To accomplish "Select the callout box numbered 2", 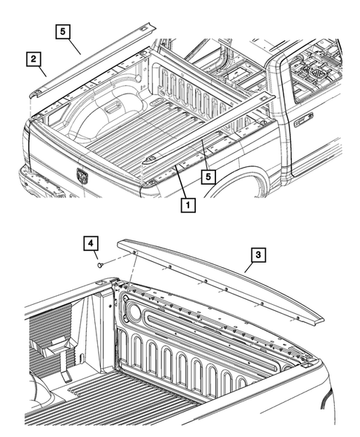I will click(x=33, y=58).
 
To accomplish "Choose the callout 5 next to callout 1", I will click(x=210, y=176).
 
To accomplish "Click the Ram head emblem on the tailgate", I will click(x=82, y=176).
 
